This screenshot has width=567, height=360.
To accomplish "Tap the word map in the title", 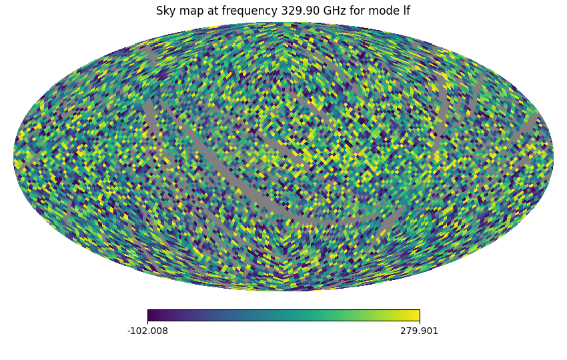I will coord(189,11).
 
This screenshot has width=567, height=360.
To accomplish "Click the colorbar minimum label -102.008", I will coord(147,331).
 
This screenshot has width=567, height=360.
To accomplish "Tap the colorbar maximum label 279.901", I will coord(419,331).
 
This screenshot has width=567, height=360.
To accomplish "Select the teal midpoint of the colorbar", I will coord(283,315).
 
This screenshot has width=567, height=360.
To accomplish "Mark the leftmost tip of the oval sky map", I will coord(14,157).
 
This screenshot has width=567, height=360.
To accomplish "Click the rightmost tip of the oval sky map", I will coord(553,157).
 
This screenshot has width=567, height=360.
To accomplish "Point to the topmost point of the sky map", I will coord(283,23).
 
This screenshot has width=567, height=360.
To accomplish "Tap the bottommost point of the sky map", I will coord(283,291).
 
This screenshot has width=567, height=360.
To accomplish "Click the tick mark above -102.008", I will coord(147,323).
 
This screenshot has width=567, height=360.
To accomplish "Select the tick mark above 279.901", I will coord(419,323).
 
